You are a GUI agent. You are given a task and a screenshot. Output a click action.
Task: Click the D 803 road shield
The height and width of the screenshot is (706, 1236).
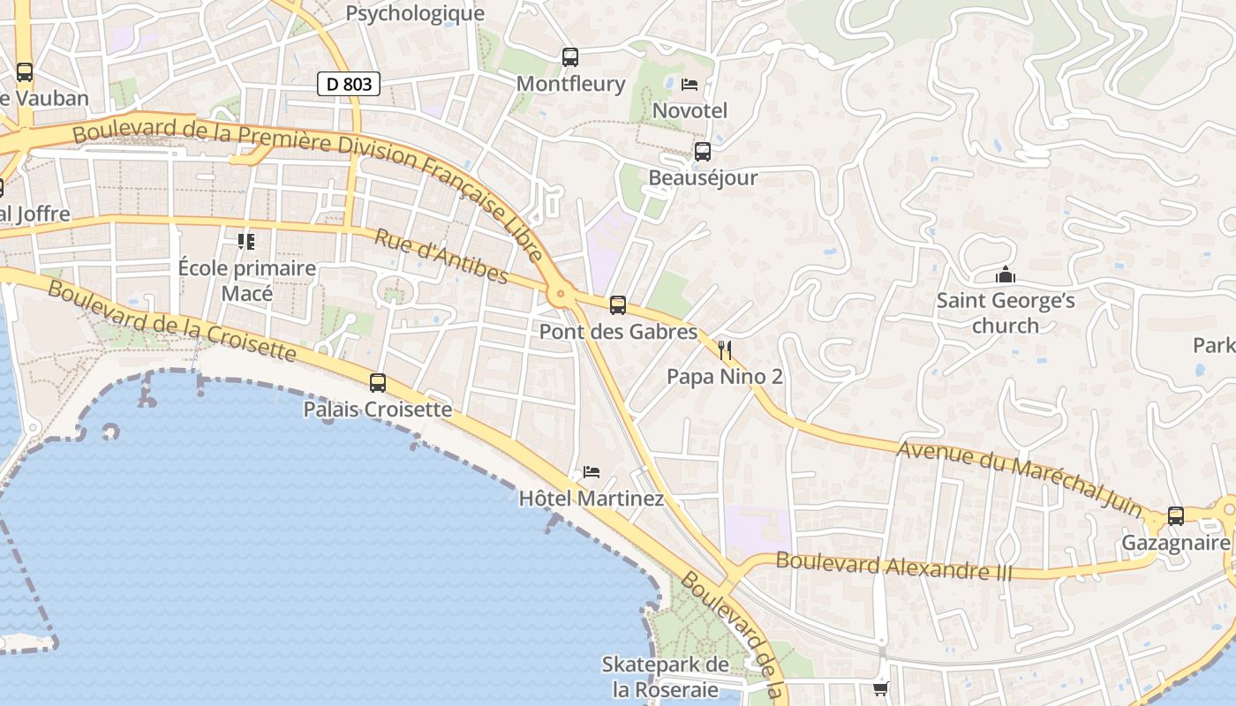pos(349,84)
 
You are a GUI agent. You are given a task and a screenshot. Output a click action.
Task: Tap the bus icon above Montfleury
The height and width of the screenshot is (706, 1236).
pos(570,57)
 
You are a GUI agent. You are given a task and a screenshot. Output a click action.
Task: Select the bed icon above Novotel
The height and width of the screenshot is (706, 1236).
pos(690,85)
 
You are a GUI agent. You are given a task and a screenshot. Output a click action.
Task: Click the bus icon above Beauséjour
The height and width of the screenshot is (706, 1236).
pos(703,152)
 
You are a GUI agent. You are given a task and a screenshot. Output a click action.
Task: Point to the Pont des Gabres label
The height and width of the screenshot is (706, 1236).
pos(618,332)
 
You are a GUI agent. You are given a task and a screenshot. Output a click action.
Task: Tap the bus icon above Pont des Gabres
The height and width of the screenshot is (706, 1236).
pos(618,305)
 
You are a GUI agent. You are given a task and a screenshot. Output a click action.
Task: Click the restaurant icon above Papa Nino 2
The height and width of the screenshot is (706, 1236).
pos(725,350)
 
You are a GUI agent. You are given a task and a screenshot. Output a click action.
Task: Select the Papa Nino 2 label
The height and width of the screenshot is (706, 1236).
pos(725,377)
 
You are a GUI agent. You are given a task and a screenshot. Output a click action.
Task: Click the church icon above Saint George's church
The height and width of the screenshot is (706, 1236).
pos(1006,275)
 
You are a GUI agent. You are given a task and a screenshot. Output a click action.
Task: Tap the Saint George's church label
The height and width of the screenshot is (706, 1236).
pos(1006,312)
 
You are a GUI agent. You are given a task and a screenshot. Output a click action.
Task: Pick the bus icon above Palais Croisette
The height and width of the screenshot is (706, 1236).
pos(378,383)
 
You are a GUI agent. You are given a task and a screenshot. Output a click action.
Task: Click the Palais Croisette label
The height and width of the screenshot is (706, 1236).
pos(378,409)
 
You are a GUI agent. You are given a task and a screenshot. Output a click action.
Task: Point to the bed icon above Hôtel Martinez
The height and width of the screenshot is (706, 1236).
pos(592,472)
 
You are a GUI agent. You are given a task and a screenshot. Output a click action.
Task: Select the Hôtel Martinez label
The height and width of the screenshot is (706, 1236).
pos(592,499)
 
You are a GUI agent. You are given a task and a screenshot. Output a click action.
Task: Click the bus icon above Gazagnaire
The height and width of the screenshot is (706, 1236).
pos(1176,516)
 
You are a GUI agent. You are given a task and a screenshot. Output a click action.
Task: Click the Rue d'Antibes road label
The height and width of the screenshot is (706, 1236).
pos(441,257)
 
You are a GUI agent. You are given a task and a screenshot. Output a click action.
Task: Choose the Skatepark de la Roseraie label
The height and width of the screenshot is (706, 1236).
pos(666,677)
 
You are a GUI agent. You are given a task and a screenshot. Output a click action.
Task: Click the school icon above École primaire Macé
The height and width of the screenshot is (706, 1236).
pos(246,241)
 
